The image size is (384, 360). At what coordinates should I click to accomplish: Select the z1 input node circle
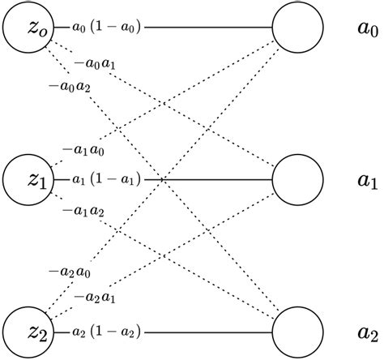click(27, 178)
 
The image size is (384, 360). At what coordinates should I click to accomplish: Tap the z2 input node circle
click(27, 331)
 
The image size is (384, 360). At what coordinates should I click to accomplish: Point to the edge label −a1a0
click(83, 149)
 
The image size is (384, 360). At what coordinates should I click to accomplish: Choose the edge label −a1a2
click(83, 211)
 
